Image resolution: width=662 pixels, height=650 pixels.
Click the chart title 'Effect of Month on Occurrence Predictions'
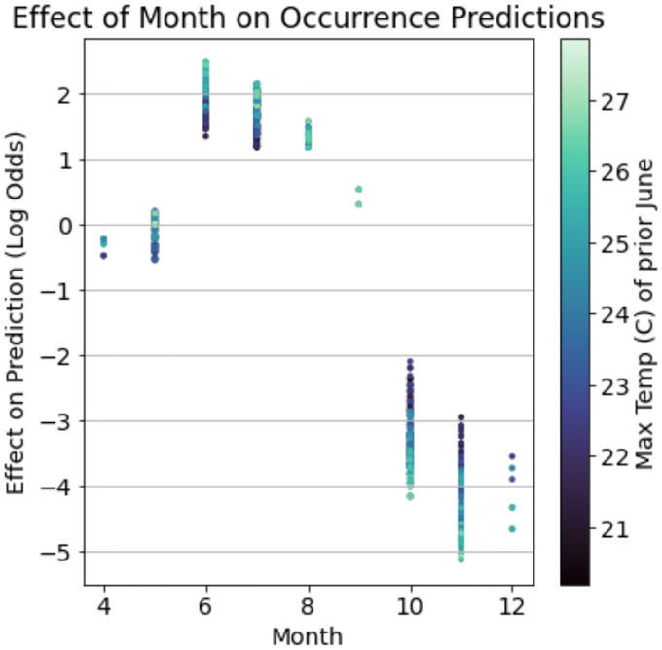coord(309,18)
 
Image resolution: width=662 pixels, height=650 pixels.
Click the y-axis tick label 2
coord(65,94)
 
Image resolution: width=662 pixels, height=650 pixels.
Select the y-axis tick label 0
coord(65,225)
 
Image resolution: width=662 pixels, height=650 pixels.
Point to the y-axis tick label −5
coord(59,552)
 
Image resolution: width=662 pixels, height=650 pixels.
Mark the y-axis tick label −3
coord(59,421)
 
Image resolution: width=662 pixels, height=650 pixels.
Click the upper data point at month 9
coord(359,189)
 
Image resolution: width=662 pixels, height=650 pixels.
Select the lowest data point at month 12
coord(512,529)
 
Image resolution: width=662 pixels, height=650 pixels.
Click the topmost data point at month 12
coord(512,456)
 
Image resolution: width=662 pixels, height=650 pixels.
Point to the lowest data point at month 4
coord(103,255)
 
